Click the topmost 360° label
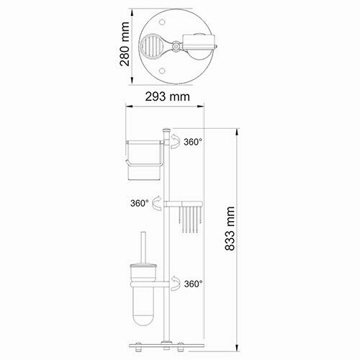[x=193, y=143]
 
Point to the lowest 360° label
[x=193, y=284]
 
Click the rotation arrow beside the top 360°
[x=175, y=145]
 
